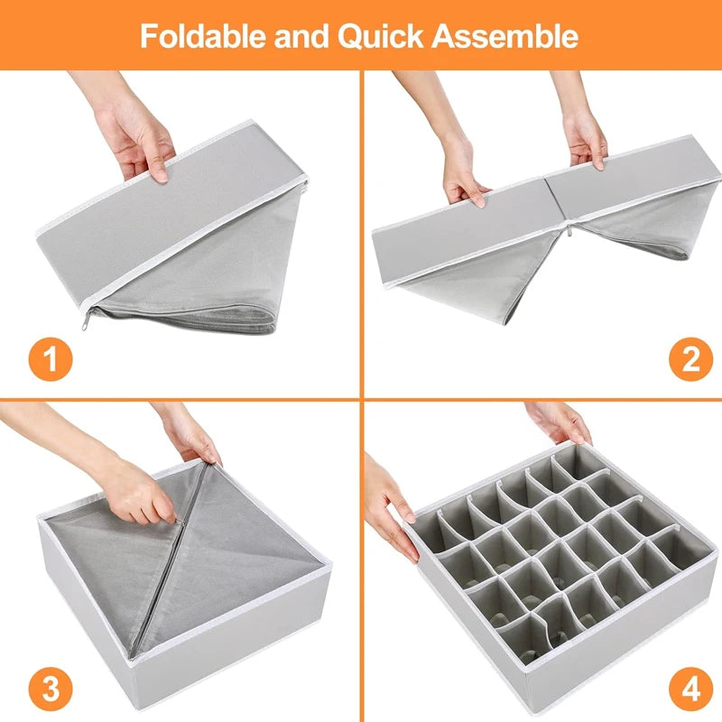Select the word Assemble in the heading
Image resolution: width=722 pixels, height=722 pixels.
(506, 36)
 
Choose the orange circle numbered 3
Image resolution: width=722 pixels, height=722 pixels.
(51, 690)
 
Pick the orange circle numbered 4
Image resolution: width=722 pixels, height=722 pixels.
(690, 690)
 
